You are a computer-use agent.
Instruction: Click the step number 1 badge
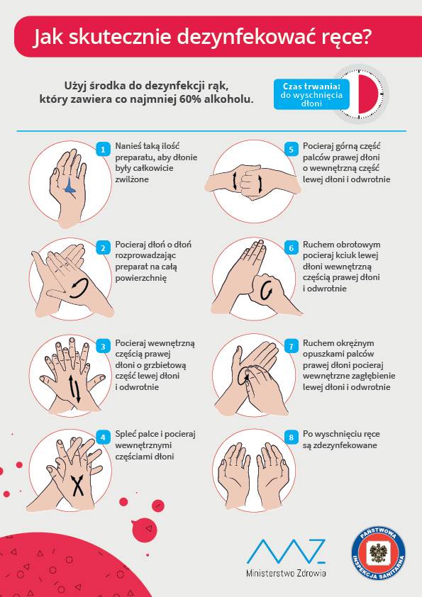click(x=103, y=149)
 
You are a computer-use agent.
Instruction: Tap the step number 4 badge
click(x=103, y=437)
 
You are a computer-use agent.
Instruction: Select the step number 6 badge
click(x=291, y=248)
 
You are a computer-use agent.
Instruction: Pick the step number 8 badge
click(x=291, y=437)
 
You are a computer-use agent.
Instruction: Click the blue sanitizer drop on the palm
click(x=70, y=186)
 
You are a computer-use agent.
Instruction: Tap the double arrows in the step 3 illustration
click(x=75, y=388)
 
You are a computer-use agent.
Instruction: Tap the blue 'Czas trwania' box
click(x=311, y=94)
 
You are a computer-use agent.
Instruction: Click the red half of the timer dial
click(x=369, y=94)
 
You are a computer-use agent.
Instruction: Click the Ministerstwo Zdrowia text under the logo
click(x=286, y=573)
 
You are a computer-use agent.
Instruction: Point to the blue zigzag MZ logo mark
click(x=286, y=552)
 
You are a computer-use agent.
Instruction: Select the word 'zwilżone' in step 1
click(x=132, y=179)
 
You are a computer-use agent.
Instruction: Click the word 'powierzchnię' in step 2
click(x=141, y=278)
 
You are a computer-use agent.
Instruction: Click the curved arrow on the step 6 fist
click(x=266, y=291)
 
